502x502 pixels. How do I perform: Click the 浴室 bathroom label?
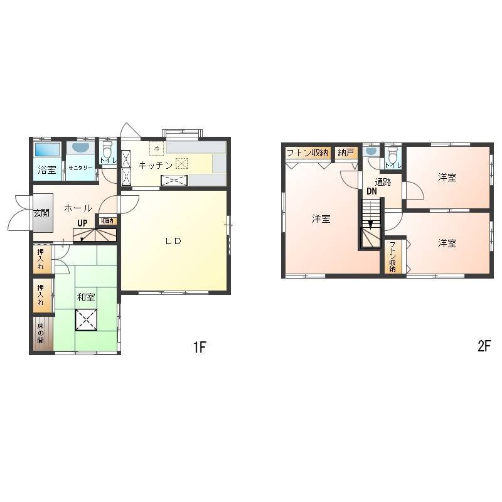point(46,169)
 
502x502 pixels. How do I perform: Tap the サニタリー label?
point(80,168)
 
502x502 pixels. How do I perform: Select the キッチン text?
point(156,165)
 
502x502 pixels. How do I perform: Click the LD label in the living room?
point(174,241)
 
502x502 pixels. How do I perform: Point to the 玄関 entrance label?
point(41,212)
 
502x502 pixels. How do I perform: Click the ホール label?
point(78,208)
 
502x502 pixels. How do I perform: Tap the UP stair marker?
point(82,223)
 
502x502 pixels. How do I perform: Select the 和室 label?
point(86,297)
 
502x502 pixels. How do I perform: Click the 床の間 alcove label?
point(40,333)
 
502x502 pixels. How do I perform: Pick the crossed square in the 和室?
point(86,319)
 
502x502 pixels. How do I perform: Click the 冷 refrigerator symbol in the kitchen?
point(156,149)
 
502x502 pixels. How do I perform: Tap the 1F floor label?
point(200,347)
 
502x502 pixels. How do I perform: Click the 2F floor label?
point(484,346)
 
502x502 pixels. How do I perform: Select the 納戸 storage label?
point(346,152)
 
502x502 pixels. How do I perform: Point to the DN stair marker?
point(371,191)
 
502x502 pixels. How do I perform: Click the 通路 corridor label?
point(383,182)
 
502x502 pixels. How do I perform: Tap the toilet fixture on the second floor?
point(393,155)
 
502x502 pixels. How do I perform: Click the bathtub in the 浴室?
point(47,149)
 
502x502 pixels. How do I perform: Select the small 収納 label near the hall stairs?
point(107,221)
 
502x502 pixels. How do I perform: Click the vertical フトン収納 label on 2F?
point(393,257)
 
